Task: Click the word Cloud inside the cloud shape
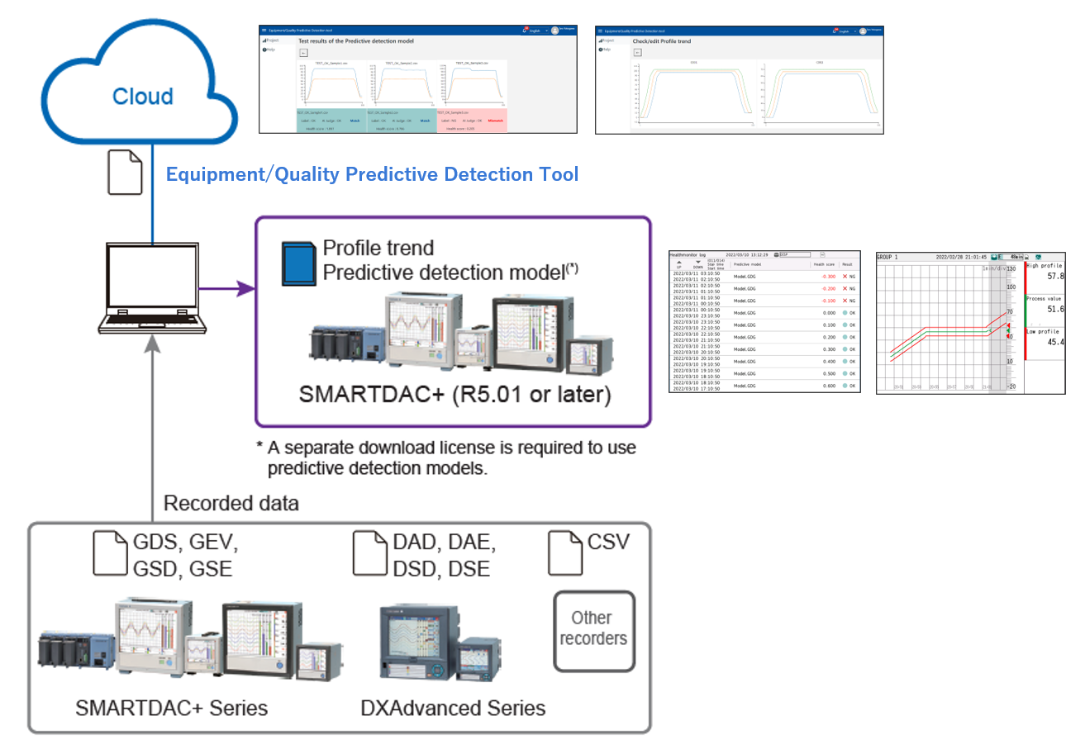[x=143, y=97]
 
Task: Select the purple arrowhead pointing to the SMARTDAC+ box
[x=245, y=288]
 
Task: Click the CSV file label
[x=608, y=543]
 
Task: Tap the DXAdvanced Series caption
[x=453, y=708]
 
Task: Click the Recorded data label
[x=231, y=503]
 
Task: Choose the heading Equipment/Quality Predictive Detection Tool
[x=372, y=174]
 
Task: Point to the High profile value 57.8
[x=1054, y=276]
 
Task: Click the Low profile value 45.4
[x=1054, y=342]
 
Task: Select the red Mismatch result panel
[x=470, y=121]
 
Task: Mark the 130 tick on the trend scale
[x=1010, y=270]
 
